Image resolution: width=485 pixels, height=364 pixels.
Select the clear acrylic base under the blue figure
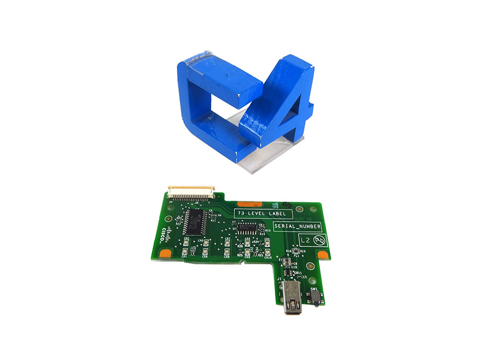tap(269, 154)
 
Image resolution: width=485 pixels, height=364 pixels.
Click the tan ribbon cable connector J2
tap(191, 190)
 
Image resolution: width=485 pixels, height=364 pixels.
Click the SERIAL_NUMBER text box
tap(297, 226)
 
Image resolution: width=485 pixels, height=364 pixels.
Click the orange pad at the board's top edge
tap(247, 204)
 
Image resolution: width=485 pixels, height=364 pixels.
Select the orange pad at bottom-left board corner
tap(165, 253)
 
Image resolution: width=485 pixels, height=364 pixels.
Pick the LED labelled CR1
tap(185, 252)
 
